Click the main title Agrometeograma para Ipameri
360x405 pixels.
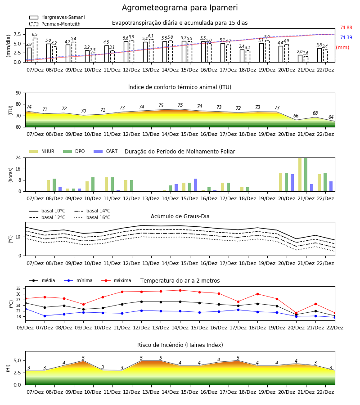pos(180,8)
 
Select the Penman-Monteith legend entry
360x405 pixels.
pos(55,24)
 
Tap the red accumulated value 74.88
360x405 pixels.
pos(346,27)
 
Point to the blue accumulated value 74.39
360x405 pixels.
pos(346,37)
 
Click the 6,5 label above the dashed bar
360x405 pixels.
pos(35,35)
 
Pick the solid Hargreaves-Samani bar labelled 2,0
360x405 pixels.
pos(300,58)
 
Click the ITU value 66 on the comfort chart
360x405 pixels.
pos(296,116)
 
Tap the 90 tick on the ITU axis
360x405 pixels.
pos(18,93)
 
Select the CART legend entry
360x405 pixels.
pos(106,151)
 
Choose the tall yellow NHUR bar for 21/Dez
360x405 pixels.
pos(300,175)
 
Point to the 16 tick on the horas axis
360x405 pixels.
pos(18,169)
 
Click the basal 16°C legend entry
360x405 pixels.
pos(92,217)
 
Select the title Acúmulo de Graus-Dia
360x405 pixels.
pos(180,216)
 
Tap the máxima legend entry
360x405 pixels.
pos(116,280)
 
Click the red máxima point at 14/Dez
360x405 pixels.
pos(180,290)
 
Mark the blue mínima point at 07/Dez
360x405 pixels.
pos(45,316)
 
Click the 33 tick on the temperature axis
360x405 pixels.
pos(18,288)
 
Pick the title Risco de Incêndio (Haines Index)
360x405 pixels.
pos(180,345)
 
